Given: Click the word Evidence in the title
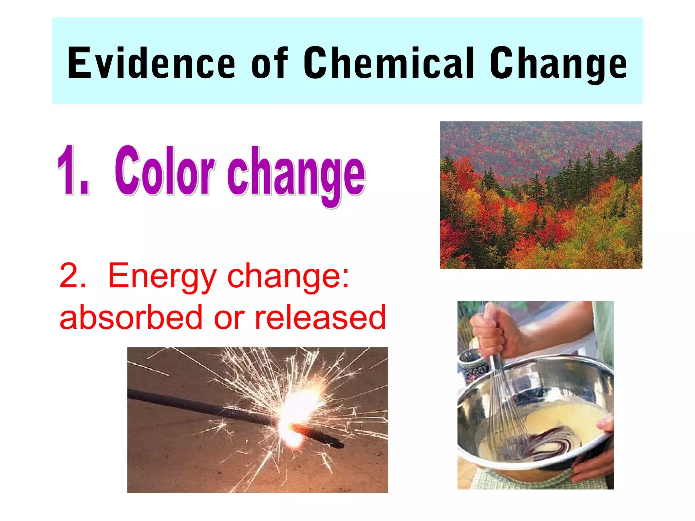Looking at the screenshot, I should (151, 63).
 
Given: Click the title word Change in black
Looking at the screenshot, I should (558, 64).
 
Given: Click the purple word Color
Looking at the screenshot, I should (165, 171).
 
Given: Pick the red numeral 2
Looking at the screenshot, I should (72, 276).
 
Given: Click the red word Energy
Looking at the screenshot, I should (162, 277).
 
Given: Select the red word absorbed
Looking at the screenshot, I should (131, 317).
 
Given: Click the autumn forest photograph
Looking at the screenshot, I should (541, 195).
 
